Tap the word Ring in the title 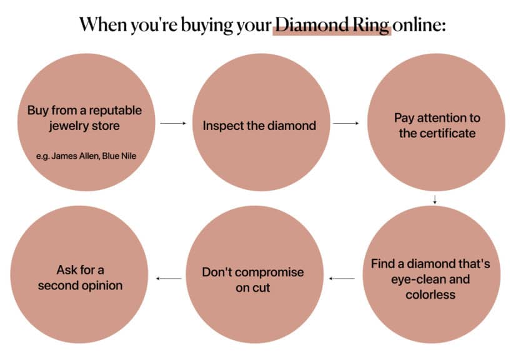[x=372, y=26]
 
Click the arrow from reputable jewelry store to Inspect [x=173, y=124]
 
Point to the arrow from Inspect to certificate [x=345, y=124]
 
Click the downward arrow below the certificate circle [x=434, y=200]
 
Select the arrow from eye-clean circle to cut [x=342, y=278]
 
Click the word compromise [x=270, y=272]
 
